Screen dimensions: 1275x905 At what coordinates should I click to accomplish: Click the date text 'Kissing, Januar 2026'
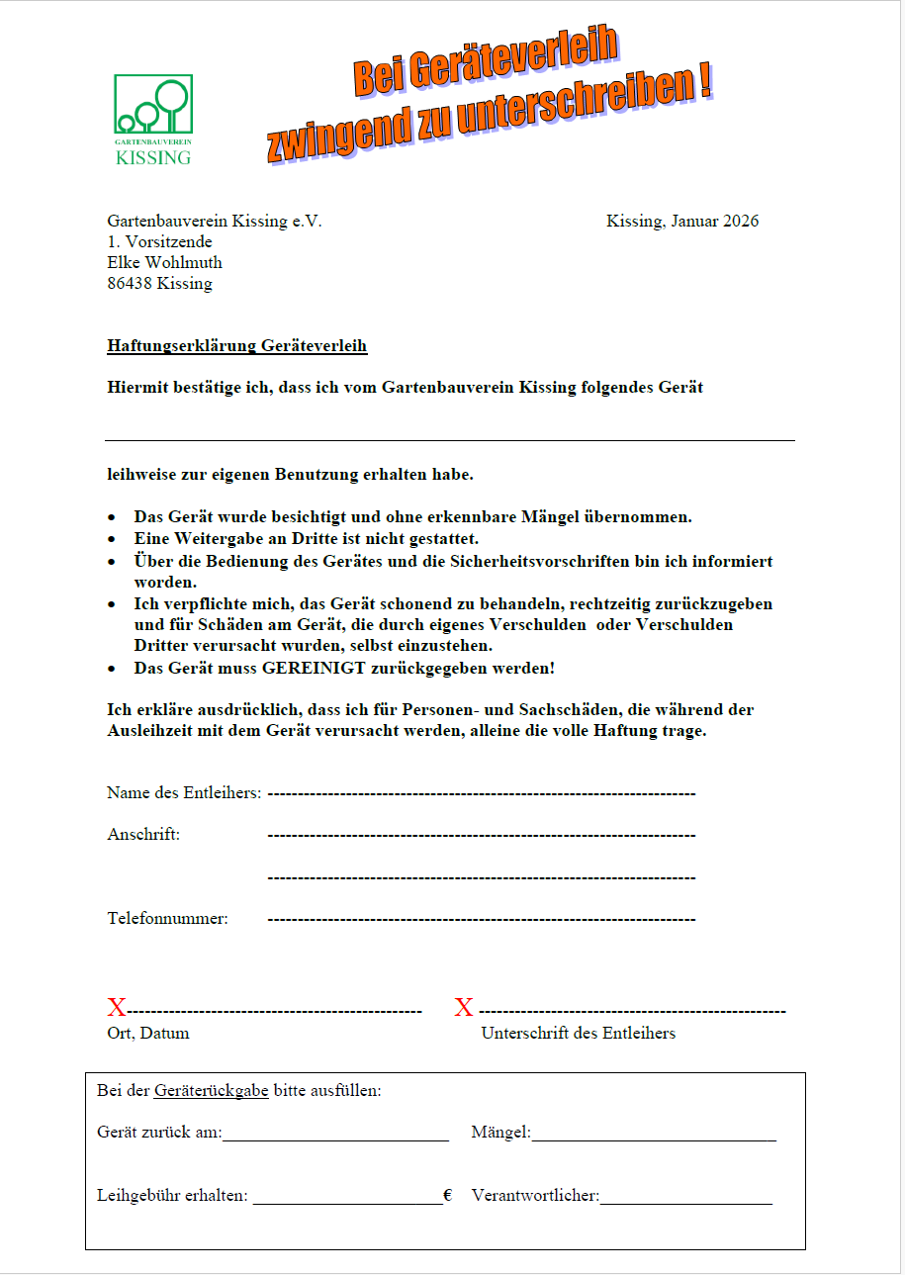[682, 222]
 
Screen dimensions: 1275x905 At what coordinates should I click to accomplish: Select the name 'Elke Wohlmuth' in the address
[164, 263]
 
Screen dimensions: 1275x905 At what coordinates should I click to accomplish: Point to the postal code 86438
[130, 284]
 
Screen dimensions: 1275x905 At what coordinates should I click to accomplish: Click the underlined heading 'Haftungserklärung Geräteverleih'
[236, 346]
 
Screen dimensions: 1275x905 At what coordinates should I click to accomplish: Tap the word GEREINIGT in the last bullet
[313, 669]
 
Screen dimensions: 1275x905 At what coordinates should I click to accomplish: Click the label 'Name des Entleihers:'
[184, 793]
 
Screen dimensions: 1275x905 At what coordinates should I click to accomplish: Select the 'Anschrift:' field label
[143, 835]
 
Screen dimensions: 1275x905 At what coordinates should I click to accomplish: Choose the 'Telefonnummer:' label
[167, 919]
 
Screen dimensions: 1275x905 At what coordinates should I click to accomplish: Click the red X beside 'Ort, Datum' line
[117, 1008]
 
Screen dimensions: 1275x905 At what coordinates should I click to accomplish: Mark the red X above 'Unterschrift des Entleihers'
[464, 1008]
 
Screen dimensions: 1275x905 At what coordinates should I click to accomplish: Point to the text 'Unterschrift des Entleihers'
[578, 1034]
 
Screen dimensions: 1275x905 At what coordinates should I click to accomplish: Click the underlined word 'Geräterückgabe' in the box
[211, 1091]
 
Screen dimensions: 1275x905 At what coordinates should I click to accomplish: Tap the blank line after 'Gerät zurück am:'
[335, 1135]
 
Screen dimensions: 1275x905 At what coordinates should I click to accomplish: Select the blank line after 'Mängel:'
[653, 1135]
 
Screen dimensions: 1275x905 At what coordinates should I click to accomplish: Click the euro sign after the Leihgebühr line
[448, 1196]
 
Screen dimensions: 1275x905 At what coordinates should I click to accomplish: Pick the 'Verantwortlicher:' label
[535, 1196]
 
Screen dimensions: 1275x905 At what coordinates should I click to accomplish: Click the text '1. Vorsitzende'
[159, 242]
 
